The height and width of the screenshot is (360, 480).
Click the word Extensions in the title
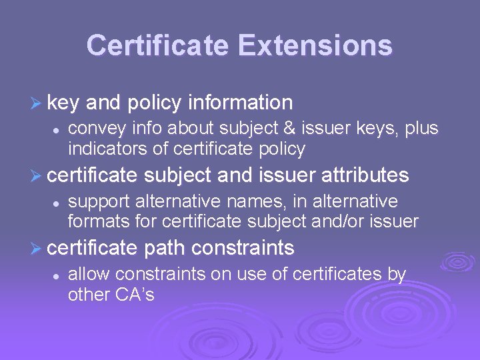[x=315, y=45]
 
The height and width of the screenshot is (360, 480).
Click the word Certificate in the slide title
[x=158, y=45]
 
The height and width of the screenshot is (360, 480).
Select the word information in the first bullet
[x=241, y=103]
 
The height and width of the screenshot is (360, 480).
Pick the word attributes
[x=365, y=175]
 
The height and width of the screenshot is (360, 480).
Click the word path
[x=164, y=248]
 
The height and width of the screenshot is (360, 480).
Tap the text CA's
[x=137, y=293]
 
